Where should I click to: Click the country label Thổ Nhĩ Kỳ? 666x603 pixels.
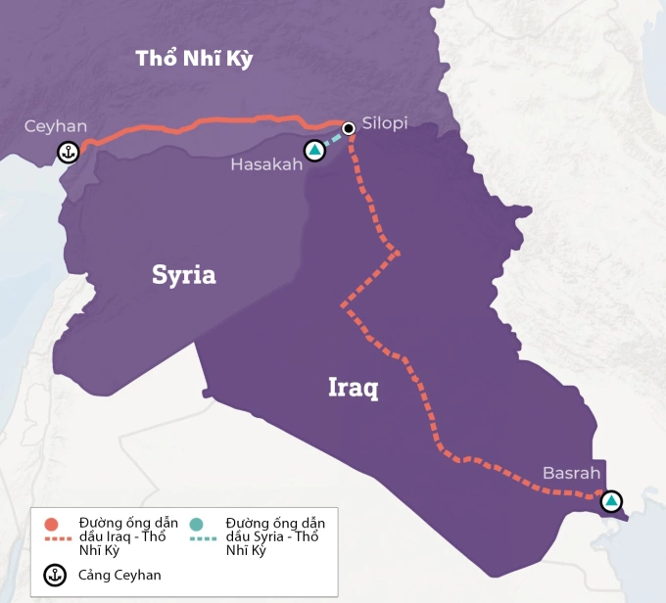194,59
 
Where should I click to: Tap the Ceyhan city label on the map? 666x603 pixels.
56,126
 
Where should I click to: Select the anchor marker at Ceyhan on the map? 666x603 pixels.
68,152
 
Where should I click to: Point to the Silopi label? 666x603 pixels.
384,123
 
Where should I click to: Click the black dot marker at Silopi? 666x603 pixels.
348,127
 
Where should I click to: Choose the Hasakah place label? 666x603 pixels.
266,164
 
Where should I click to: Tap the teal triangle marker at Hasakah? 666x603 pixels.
314,151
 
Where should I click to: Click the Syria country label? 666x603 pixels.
183,275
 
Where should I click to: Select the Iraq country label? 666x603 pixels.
353,388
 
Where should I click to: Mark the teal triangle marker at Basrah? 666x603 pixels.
611,501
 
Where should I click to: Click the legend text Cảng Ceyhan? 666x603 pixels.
119,576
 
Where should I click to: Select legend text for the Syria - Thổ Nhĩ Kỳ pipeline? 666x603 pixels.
274,536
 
